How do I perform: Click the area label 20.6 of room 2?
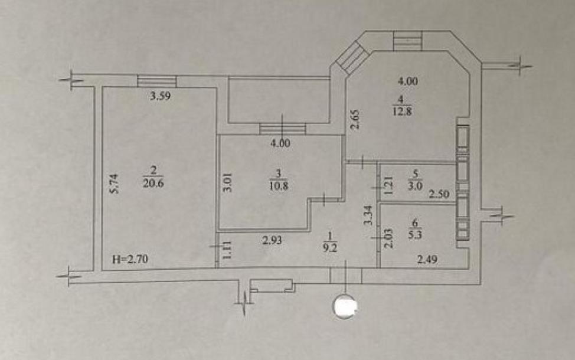tap(153, 183)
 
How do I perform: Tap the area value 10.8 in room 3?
tap(278, 185)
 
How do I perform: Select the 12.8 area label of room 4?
tap(401, 111)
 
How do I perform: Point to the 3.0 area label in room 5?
tap(415, 185)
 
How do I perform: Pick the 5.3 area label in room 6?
tap(415, 234)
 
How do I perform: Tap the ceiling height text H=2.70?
tap(130, 259)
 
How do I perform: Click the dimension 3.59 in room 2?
tap(161, 96)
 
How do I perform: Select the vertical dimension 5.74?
tap(115, 184)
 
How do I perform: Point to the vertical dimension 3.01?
tap(228, 182)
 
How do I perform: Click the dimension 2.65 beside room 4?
tap(355, 120)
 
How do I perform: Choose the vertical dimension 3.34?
tap(368, 215)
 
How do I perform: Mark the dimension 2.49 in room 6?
tap(427, 260)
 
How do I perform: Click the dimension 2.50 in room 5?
tap(439, 194)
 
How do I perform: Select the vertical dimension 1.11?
tap(227, 250)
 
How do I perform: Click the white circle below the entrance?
tap(345, 306)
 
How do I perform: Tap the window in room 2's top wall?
tap(156, 81)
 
